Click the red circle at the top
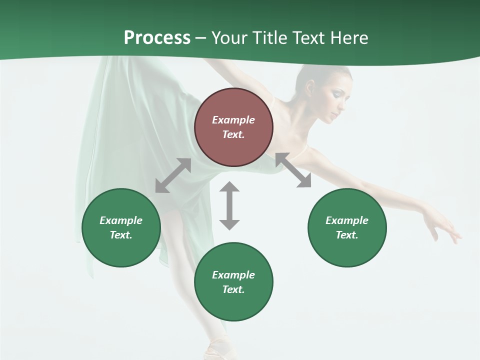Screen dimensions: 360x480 point(233,127)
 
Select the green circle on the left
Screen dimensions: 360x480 point(121,227)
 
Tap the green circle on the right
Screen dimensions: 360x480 point(347,227)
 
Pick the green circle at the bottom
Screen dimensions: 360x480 point(233,282)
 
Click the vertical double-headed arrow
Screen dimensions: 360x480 point(229,205)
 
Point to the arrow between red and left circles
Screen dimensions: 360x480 point(173,175)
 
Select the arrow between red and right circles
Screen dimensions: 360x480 point(293,170)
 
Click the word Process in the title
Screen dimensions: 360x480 point(157,37)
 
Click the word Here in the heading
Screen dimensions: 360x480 point(350,38)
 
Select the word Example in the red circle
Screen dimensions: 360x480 point(233,120)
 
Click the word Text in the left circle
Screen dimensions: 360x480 point(120,235)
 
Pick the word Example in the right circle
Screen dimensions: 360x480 point(347,220)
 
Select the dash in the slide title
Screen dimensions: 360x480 point(200,38)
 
